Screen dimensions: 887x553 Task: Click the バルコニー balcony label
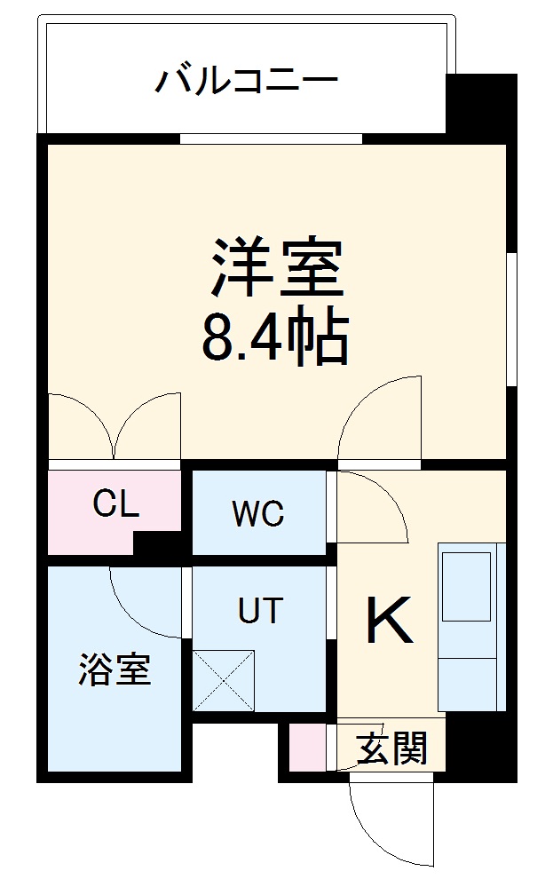tap(248, 83)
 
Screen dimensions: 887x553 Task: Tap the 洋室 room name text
tap(276, 266)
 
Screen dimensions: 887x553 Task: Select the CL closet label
tap(116, 504)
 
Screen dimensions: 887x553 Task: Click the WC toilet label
tap(257, 513)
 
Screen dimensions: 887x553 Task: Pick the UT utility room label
tap(259, 610)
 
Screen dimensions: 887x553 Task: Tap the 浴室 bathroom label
tap(115, 670)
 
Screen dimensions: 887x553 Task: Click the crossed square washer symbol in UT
tap(224, 680)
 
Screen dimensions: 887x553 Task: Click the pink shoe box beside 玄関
tap(308, 748)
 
